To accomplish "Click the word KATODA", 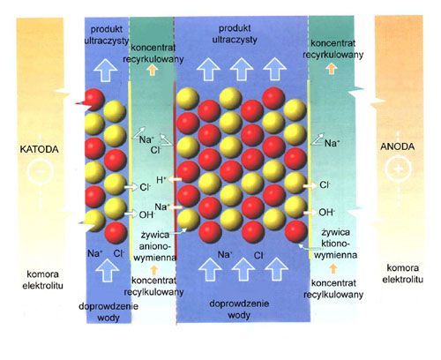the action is (x=39, y=149).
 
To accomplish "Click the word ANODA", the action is (x=398, y=146).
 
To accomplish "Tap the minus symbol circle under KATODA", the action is (x=41, y=171).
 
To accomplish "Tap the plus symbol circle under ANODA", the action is (x=399, y=169).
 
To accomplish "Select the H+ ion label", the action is (x=161, y=180).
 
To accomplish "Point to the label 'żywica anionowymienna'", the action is (x=155, y=246).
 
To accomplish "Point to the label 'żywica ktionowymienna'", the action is (x=335, y=244).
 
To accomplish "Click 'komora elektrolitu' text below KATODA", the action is (x=42, y=280).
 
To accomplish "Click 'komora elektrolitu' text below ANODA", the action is (x=402, y=274).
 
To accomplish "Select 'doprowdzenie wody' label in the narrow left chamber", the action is (x=108, y=311).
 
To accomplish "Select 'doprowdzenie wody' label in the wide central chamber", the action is (x=239, y=309).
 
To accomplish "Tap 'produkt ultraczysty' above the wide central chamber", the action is (x=235, y=34).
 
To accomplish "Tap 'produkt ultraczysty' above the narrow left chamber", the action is (x=107, y=35).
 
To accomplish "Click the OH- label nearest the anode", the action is (x=327, y=212).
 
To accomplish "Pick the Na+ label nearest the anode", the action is (x=333, y=143).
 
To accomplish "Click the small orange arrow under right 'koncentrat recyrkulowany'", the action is (x=332, y=69).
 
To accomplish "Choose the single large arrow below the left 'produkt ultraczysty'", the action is (x=106, y=70).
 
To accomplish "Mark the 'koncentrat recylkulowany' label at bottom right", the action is (x=333, y=289).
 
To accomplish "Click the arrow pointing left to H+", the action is (x=175, y=179).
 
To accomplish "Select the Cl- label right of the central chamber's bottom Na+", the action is (x=258, y=255).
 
